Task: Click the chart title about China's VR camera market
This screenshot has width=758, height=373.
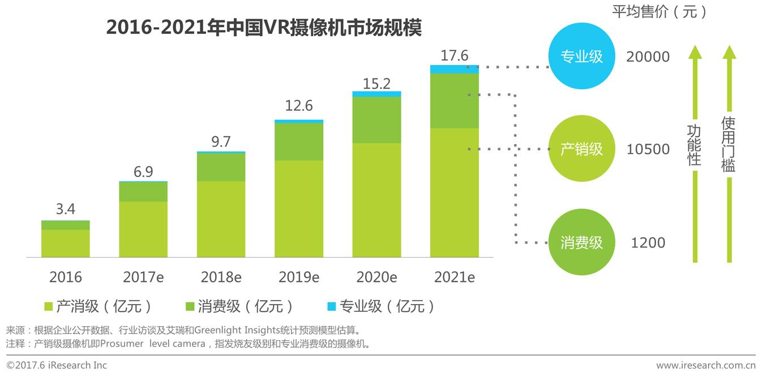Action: pyautogui.click(x=264, y=28)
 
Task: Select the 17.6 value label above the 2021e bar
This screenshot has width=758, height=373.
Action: pyautogui.click(x=454, y=56)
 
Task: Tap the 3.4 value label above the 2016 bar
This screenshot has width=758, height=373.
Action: pyautogui.click(x=65, y=210)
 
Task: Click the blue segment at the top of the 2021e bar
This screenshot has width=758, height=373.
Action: pyautogui.click(x=454, y=69)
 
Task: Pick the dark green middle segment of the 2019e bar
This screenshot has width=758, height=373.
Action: pyautogui.click(x=299, y=141)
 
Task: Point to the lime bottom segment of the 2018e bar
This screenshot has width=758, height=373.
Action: pyautogui.click(x=221, y=219)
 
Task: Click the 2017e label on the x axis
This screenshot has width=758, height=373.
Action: pyautogui.click(x=143, y=277)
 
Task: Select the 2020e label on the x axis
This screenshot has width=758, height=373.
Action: pyautogui.click(x=376, y=277)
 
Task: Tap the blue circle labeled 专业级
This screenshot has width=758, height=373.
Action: pyautogui.click(x=581, y=57)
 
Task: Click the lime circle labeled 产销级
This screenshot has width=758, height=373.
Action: pyautogui.click(x=581, y=149)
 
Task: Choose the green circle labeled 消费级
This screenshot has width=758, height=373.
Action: pyautogui.click(x=581, y=242)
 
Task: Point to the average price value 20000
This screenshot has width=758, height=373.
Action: pyautogui.click(x=648, y=57)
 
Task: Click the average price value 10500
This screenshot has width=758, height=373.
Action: pyautogui.click(x=648, y=150)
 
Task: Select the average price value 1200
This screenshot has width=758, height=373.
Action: pyautogui.click(x=648, y=243)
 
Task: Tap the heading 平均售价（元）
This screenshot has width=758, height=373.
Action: pyautogui.click(x=660, y=12)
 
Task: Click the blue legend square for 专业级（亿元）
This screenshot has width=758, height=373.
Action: pyautogui.click(x=332, y=306)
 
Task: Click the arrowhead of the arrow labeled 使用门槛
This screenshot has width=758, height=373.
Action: pyautogui.click(x=729, y=52)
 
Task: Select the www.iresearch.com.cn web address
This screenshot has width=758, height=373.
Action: pyautogui.click(x=705, y=365)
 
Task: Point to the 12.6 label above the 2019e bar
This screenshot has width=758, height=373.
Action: pyautogui.click(x=299, y=106)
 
